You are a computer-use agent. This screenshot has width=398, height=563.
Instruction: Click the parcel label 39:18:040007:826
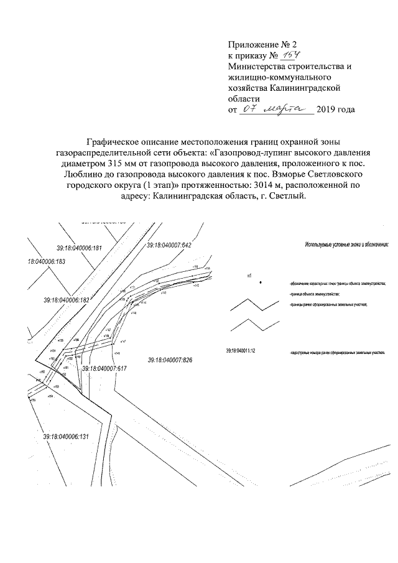[x=172, y=360]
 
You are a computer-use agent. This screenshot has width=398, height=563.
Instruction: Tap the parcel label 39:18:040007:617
[x=104, y=368]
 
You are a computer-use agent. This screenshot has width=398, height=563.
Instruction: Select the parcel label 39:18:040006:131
[x=67, y=436]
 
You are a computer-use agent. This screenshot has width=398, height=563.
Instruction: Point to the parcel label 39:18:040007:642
[x=169, y=246]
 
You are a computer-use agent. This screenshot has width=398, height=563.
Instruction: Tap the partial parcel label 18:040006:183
[x=47, y=263]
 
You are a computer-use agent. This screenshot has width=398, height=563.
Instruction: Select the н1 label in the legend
[x=249, y=274]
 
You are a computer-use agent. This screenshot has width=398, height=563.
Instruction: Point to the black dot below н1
[x=261, y=282]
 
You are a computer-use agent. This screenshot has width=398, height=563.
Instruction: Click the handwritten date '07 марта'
[x=278, y=109]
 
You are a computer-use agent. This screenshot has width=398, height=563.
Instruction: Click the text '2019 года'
[x=336, y=111]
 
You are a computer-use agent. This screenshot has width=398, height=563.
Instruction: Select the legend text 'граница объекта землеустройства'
[x=314, y=293]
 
